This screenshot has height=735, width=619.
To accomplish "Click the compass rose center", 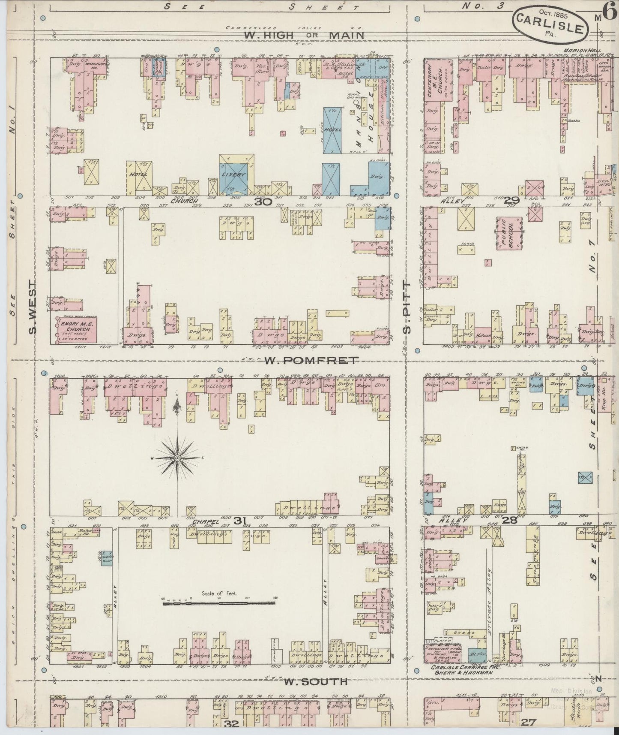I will point(177,458).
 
